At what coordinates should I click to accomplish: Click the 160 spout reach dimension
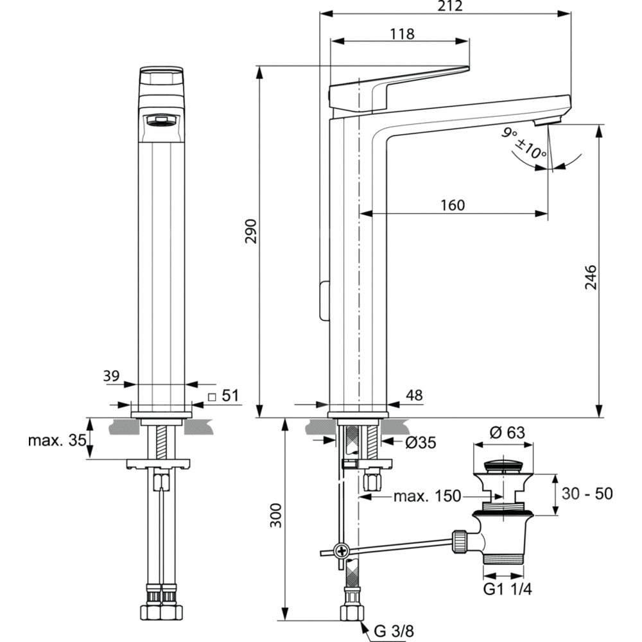click(453, 205)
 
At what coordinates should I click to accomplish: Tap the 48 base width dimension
click(415, 395)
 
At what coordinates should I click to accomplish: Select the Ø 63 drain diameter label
click(507, 433)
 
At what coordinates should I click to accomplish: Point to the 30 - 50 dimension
click(587, 494)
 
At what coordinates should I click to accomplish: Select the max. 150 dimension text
click(427, 496)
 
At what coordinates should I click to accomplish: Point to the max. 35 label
click(56, 441)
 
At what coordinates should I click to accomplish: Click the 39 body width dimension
click(112, 376)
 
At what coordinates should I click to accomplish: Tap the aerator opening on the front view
click(161, 120)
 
